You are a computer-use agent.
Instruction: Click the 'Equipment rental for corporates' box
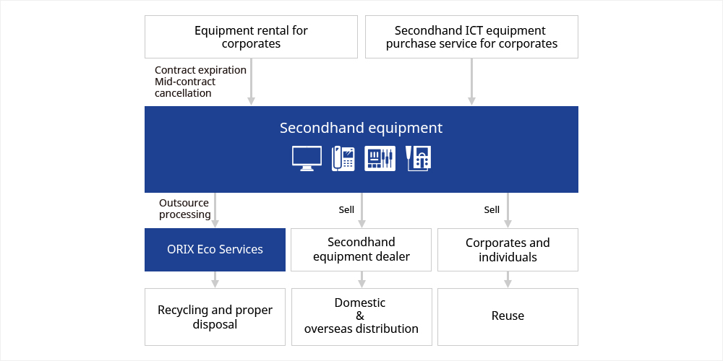pyautogui.click(x=251, y=37)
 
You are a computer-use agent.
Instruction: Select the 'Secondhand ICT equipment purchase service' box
pyautogui.click(x=471, y=37)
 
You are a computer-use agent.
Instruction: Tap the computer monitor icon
pyautogui.click(x=307, y=159)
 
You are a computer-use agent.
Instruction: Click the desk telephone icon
pyautogui.click(x=343, y=159)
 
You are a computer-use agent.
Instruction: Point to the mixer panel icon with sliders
pyautogui.click(x=380, y=159)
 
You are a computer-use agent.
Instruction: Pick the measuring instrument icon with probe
pyautogui.click(x=418, y=159)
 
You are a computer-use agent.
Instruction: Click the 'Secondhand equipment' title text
pyautogui.click(x=361, y=128)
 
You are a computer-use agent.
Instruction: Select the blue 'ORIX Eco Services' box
pyautogui.click(x=215, y=250)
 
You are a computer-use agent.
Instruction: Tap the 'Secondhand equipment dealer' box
pyautogui.click(x=361, y=250)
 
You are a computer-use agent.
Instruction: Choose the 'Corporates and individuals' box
pyautogui.click(x=508, y=250)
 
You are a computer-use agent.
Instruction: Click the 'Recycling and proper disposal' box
pyautogui.click(x=215, y=317)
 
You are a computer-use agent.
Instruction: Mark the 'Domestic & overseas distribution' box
pyautogui.click(x=361, y=317)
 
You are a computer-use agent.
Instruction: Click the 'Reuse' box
pyautogui.click(x=508, y=317)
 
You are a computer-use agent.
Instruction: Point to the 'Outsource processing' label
pyautogui.click(x=185, y=209)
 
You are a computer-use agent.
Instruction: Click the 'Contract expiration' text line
pyautogui.click(x=200, y=70)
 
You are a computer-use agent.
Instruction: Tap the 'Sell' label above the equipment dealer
pyautogui.click(x=346, y=210)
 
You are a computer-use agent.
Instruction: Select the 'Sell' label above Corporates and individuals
pyautogui.click(x=492, y=210)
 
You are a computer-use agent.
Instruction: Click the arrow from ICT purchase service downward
pyautogui.click(x=471, y=82)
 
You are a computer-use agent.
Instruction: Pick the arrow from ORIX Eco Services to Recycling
pyautogui.click(x=215, y=279)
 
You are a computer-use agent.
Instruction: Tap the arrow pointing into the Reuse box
pyautogui.click(x=508, y=279)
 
